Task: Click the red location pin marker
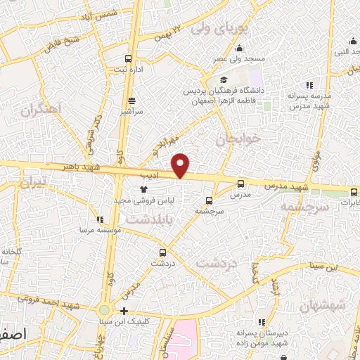[181, 165]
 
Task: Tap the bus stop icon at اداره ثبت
[127, 59]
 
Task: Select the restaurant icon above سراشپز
[131, 101]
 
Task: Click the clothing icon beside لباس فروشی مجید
[144, 189]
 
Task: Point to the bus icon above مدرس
[241, 183]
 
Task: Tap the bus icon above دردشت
[163, 252]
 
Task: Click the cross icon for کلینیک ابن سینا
[124, 311]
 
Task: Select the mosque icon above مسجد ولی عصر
[240, 49]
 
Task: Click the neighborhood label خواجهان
[240, 139]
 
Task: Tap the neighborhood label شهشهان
[323, 304]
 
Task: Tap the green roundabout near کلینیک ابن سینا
[104, 310]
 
